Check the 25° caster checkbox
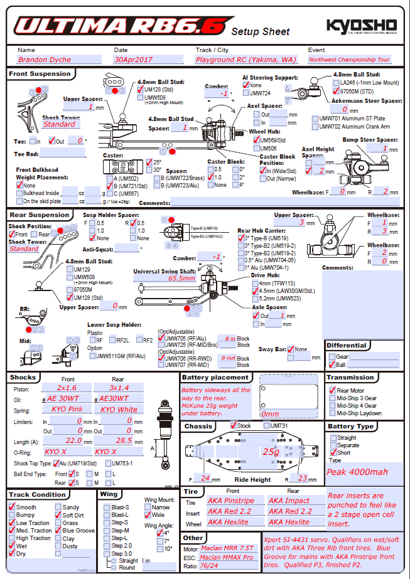tap(149, 162)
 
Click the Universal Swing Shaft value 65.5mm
tap(181, 278)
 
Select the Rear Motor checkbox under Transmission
tap(332, 391)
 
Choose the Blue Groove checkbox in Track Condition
tap(58, 531)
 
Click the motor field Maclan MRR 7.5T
tap(228, 549)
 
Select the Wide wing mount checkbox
tap(148, 515)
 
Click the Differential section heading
tap(347, 346)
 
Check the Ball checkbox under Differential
tap(332, 364)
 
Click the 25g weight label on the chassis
tap(271, 452)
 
